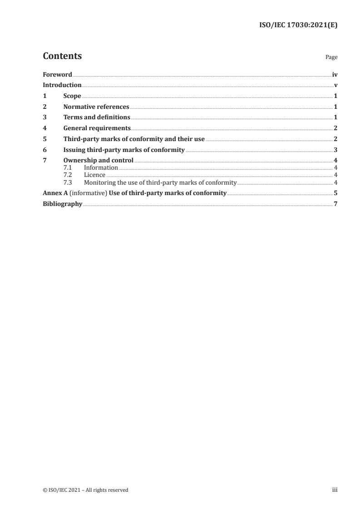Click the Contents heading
62,56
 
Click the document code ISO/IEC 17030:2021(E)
298,25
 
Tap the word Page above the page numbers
331,58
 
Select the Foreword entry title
57,74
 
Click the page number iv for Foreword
335,74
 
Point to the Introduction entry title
62,85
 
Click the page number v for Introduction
335,85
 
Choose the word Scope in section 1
72,96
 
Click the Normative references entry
96,107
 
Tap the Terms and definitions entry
97,117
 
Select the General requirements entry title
97,128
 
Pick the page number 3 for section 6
335,150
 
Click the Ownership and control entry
98,161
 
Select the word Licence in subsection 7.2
94,175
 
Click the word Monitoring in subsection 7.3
99,182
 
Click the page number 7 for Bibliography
335,204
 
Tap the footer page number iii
335,490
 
